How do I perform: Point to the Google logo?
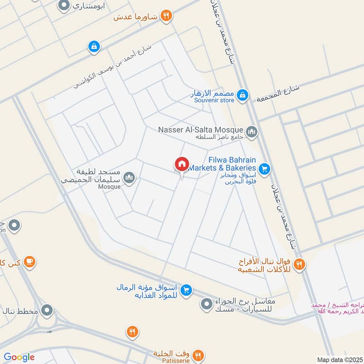[19, 357]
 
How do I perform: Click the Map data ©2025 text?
[339, 359]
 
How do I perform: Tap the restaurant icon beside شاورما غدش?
[167, 15]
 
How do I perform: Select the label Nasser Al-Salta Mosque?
[200, 130]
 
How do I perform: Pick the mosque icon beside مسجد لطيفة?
[129, 177]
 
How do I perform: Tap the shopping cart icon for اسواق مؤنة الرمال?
[186, 290]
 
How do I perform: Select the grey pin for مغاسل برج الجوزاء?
[207, 303]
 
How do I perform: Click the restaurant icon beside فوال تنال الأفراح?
[299, 264]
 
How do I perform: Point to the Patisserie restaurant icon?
[198, 355]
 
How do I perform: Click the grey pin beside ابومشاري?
[64, 6]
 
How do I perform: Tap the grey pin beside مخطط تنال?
[46, 311]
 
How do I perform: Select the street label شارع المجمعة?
[278, 93]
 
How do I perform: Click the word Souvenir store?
[214, 100]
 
